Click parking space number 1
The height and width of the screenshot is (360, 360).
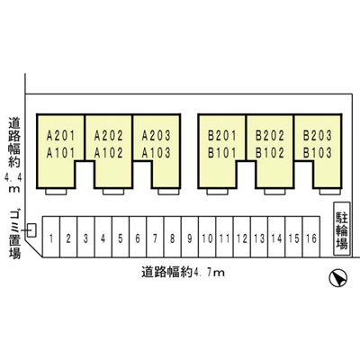[x=51, y=237]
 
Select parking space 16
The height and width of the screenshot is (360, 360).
[x=311, y=237]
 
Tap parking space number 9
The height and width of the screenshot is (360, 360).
[x=190, y=237]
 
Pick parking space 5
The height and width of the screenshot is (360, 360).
[x=121, y=237]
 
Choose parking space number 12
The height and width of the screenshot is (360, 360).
[x=242, y=237]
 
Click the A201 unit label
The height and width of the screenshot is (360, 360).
[x=61, y=136]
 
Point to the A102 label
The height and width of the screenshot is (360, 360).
[x=109, y=153]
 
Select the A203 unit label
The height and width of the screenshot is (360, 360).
[x=156, y=136]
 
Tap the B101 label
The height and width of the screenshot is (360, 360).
[x=222, y=153]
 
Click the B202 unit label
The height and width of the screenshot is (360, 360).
[x=270, y=136]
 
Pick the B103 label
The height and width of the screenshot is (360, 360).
[x=318, y=153]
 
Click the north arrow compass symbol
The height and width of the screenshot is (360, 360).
[x=338, y=277]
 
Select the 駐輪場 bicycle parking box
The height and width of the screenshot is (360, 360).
[x=342, y=229]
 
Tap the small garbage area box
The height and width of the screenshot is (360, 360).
[x=31, y=230]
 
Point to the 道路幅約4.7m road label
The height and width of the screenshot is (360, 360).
[x=184, y=273]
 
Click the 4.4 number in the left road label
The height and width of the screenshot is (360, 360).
[x=13, y=179]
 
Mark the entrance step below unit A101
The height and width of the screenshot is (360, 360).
[x=56, y=192]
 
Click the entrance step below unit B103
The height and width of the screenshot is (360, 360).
[x=329, y=192]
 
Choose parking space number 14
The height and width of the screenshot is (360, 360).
[x=276, y=237]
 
